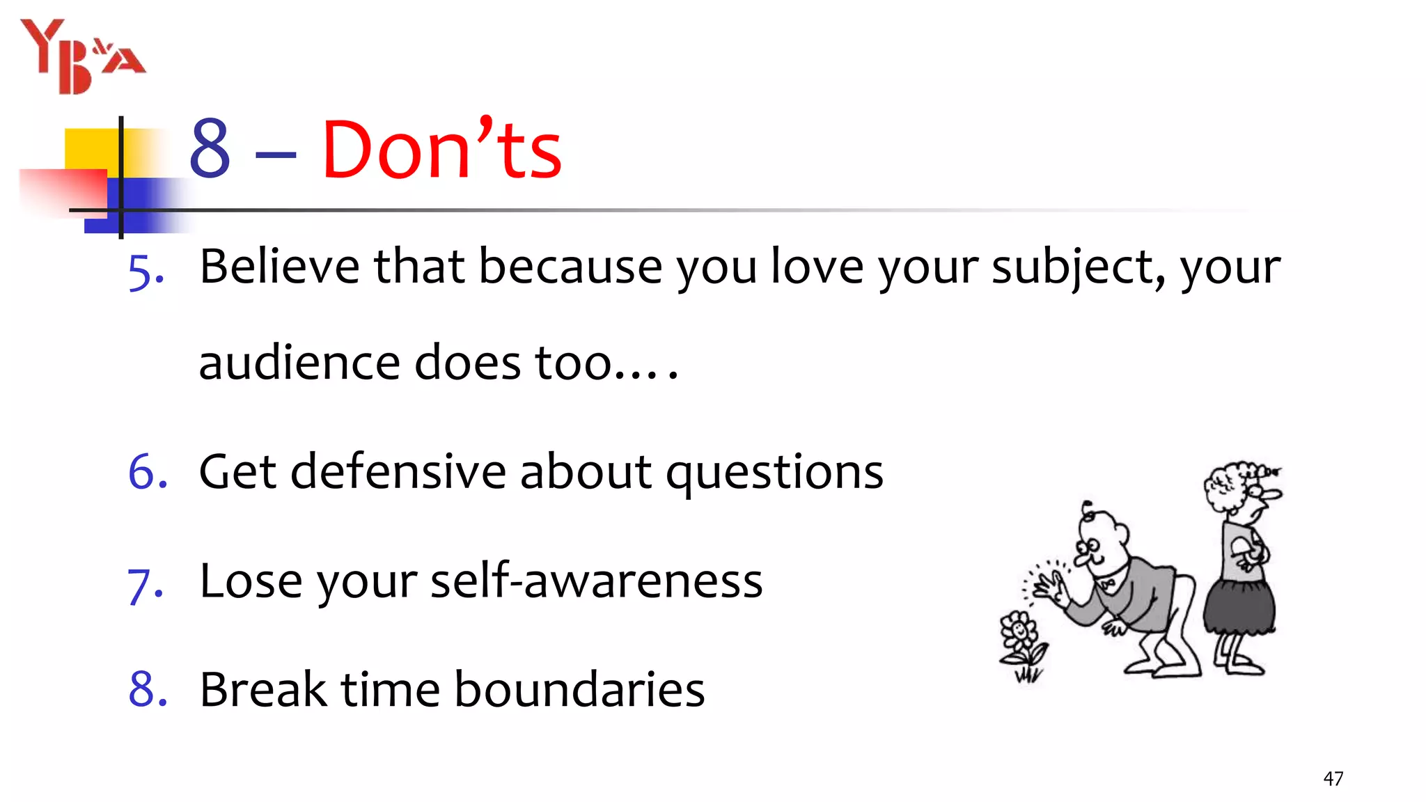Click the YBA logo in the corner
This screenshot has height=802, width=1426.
tap(82, 56)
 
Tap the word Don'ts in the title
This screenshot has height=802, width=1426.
tap(441, 149)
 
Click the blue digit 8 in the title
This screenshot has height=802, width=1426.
tap(210, 148)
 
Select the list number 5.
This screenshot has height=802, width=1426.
tap(146, 271)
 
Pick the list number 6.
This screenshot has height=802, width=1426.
tap(147, 471)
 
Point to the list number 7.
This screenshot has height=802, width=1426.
tap(145, 583)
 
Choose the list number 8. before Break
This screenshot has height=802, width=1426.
tap(148, 689)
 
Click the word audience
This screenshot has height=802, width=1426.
tap(299, 363)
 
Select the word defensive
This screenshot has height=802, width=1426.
tap(398, 471)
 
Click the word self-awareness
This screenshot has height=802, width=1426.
tap(596, 581)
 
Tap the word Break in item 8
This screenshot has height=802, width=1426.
tap(263, 689)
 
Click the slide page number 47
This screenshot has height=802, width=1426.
tap(1333, 778)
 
